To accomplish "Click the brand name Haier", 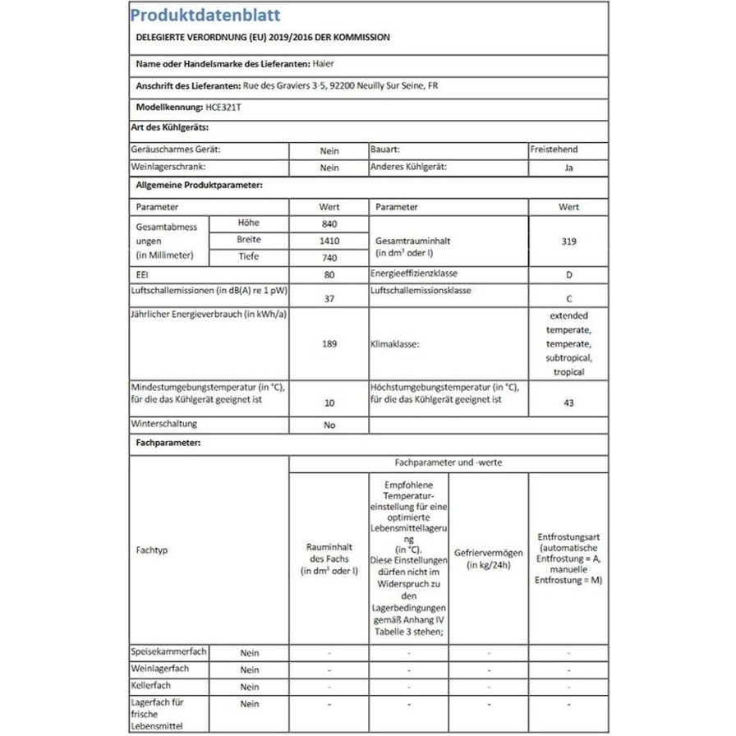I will [324, 63].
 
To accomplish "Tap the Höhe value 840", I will [329, 224].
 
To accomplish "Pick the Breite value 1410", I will [329, 241].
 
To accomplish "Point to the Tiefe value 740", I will [329, 258].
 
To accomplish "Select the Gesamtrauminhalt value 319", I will [569, 241].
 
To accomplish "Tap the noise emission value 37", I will [329, 299].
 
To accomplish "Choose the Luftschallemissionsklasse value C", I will [569, 299].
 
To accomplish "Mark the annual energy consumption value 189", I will [329, 345].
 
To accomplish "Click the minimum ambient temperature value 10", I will [329, 403].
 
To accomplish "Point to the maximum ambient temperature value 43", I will [569, 403].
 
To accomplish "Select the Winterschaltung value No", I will [329, 426].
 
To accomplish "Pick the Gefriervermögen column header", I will [488, 559].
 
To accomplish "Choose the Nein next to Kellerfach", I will [250, 686].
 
